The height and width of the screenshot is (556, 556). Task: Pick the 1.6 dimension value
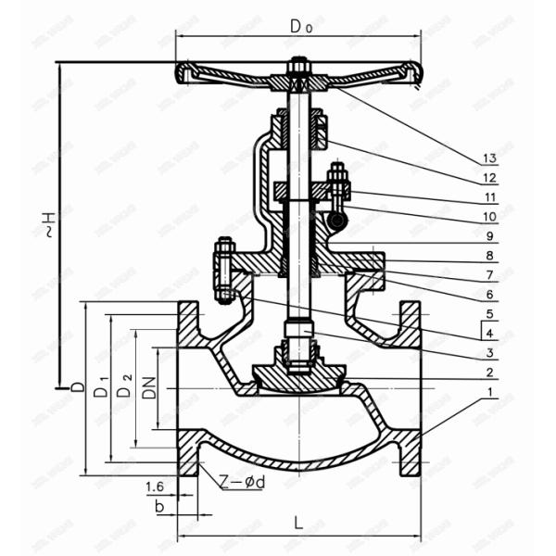pyautogui.click(x=155, y=486)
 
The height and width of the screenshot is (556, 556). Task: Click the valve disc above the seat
pyautogui.click(x=298, y=374)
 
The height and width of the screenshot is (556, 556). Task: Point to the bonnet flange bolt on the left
pyautogui.click(x=223, y=270)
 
